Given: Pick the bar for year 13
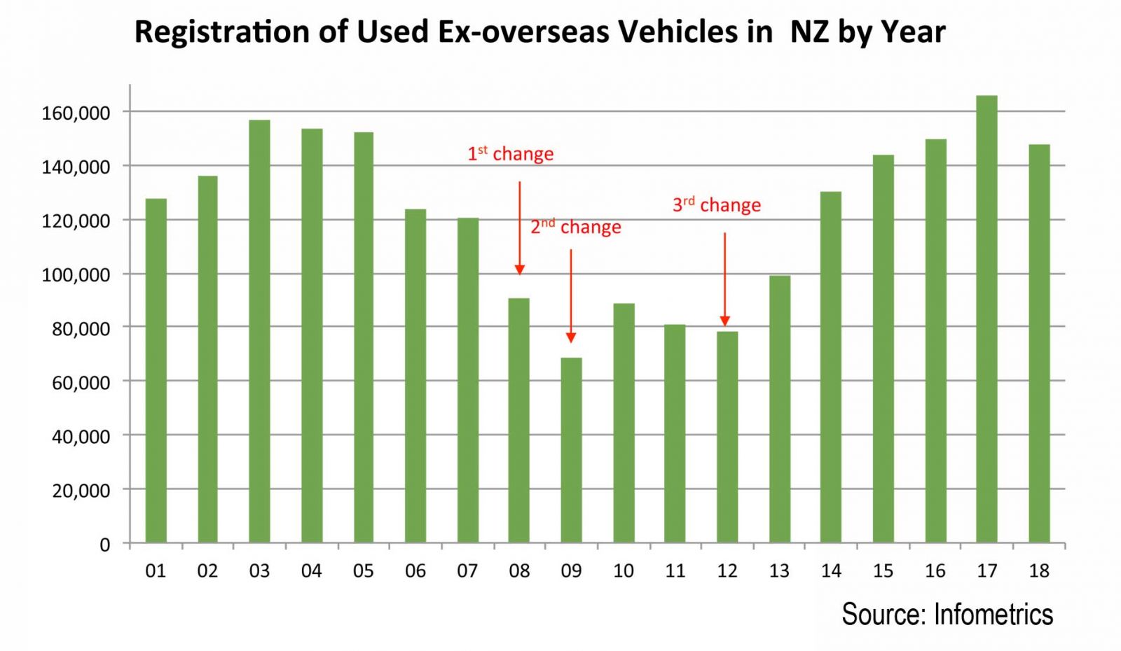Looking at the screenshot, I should (779, 409).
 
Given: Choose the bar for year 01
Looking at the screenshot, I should (156, 370).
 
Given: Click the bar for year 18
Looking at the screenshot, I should (1039, 343).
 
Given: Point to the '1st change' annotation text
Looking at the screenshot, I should (510, 153).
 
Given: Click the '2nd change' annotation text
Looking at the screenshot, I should (575, 227).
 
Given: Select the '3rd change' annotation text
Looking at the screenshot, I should (716, 204).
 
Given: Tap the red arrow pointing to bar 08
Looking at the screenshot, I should (519, 227).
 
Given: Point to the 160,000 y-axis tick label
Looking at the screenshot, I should (76, 113).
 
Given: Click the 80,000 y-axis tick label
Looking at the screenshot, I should (81, 328).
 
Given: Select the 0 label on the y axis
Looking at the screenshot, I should (104, 545).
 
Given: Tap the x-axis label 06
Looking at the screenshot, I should (415, 571).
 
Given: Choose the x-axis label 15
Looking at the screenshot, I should (883, 571).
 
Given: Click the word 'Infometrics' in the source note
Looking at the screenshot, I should (993, 614).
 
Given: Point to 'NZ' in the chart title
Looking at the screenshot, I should (809, 32).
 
